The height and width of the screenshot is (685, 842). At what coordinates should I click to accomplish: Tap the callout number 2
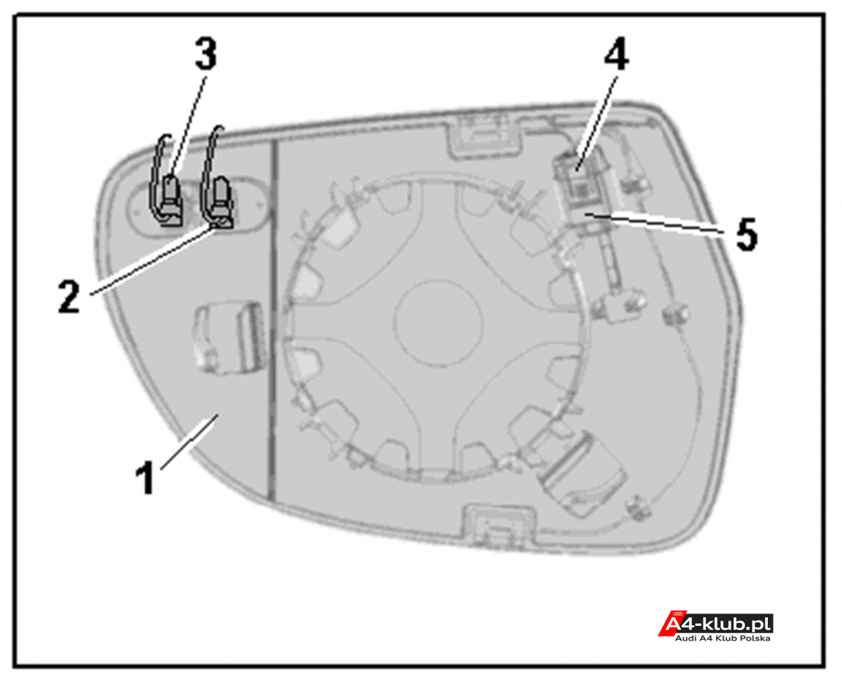69,296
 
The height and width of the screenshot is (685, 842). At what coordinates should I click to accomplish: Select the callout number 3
206,54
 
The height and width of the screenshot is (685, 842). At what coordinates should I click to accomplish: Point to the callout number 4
617,54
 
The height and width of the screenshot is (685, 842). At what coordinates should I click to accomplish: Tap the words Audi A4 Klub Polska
723,639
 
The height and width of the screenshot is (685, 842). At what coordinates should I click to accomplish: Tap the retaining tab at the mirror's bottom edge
499,526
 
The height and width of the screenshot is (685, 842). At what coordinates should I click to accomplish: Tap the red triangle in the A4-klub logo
668,624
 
